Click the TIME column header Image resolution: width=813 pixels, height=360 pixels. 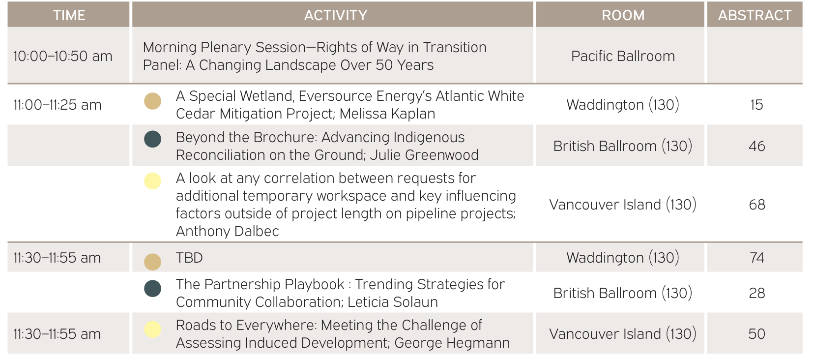[69, 15]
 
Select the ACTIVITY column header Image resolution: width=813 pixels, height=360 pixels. [336, 15]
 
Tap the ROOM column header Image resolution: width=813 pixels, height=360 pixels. [623, 15]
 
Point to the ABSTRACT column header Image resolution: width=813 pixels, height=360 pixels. [755, 15]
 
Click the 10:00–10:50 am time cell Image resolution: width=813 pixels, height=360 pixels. [63, 56]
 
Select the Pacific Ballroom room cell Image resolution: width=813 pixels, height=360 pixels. [623, 56]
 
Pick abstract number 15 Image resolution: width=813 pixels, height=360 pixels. [757, 105]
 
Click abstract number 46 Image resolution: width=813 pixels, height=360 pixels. [757, 146]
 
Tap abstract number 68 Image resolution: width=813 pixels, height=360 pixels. [757, 205]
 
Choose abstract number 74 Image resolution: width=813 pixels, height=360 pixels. [757, 258]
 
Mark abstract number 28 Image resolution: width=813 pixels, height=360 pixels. [757, 293]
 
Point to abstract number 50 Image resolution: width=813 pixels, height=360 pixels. [757, 334]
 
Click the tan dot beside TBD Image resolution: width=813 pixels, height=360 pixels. [152, 262]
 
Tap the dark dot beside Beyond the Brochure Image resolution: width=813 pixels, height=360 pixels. [152, 139]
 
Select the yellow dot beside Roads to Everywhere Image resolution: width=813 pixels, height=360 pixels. [152, 330]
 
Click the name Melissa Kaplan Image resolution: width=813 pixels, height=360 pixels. [387, 114]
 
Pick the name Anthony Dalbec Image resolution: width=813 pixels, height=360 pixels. [228, 232]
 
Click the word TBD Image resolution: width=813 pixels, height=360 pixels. [189, 258]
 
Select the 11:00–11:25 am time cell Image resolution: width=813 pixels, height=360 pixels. [58, 105]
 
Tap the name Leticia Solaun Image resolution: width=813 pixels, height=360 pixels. [393, 302]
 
